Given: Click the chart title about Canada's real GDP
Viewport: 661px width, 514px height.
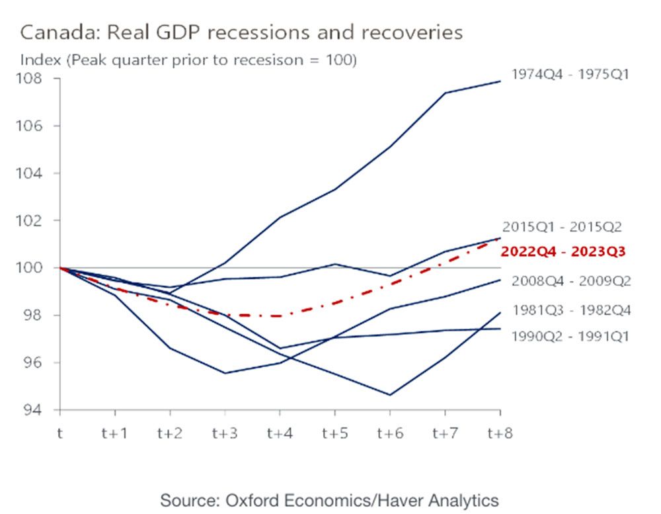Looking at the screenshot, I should [x=241, y=32].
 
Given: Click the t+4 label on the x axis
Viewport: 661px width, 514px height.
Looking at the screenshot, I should [x=278, y=434].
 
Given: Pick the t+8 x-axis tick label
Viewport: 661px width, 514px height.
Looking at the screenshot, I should [x=499, y=434].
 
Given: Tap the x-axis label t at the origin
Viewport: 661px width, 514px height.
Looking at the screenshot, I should [x=60, y=434].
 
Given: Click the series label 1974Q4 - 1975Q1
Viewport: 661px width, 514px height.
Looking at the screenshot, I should [x=570, y=74].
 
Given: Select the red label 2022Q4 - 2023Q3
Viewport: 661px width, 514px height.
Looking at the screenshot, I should [x=563, y=251].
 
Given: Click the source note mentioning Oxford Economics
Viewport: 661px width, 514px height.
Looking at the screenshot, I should [x=329, y=499].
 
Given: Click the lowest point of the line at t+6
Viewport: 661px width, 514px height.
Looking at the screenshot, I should [x=389, y=395].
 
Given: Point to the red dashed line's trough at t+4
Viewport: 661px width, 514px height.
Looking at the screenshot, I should [x=278, y=316].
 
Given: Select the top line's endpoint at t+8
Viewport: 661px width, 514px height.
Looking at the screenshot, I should [x=499, y=81].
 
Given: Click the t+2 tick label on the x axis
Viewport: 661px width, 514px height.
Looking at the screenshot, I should [x=169, y=434].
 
